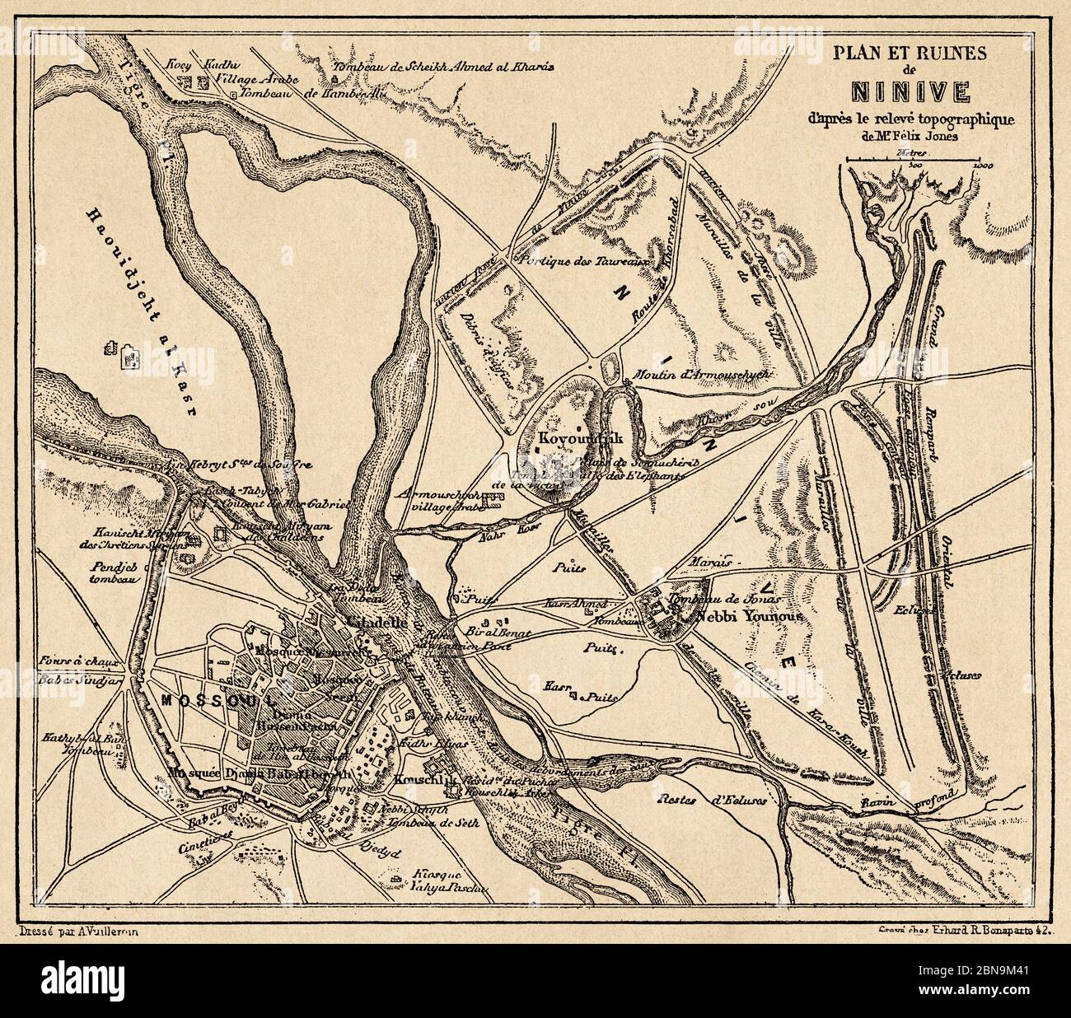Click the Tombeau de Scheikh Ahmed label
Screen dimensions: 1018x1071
tap(445, 66)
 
